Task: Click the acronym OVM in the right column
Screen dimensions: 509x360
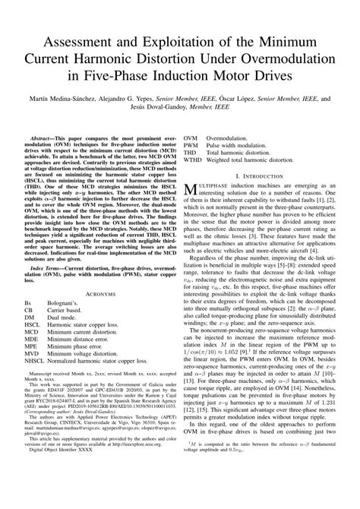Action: pyautogui.click(x=192, y=140)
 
